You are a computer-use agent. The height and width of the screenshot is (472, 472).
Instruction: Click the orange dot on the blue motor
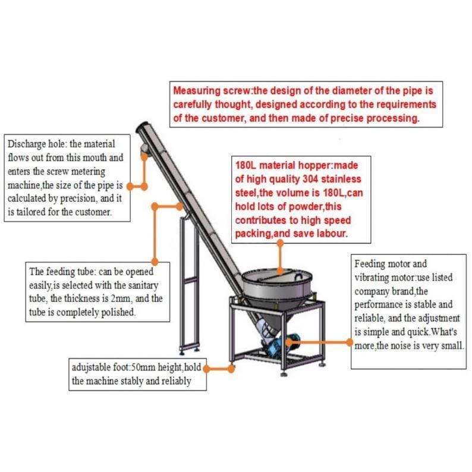[x=289, y=342]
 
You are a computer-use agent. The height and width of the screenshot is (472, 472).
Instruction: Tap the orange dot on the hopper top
[x=280, y=270]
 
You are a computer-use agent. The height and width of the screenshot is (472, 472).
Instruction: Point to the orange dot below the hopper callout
[x=280, y=243]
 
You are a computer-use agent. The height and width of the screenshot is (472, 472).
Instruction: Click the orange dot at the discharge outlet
[x=144, y=156]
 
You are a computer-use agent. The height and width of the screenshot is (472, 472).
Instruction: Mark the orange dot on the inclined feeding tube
[x=180, y=206]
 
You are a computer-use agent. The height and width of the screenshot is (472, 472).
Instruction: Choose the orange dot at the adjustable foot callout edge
[x=206, y=369]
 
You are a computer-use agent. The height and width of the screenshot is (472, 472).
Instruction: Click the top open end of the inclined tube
[x=141, y=127]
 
